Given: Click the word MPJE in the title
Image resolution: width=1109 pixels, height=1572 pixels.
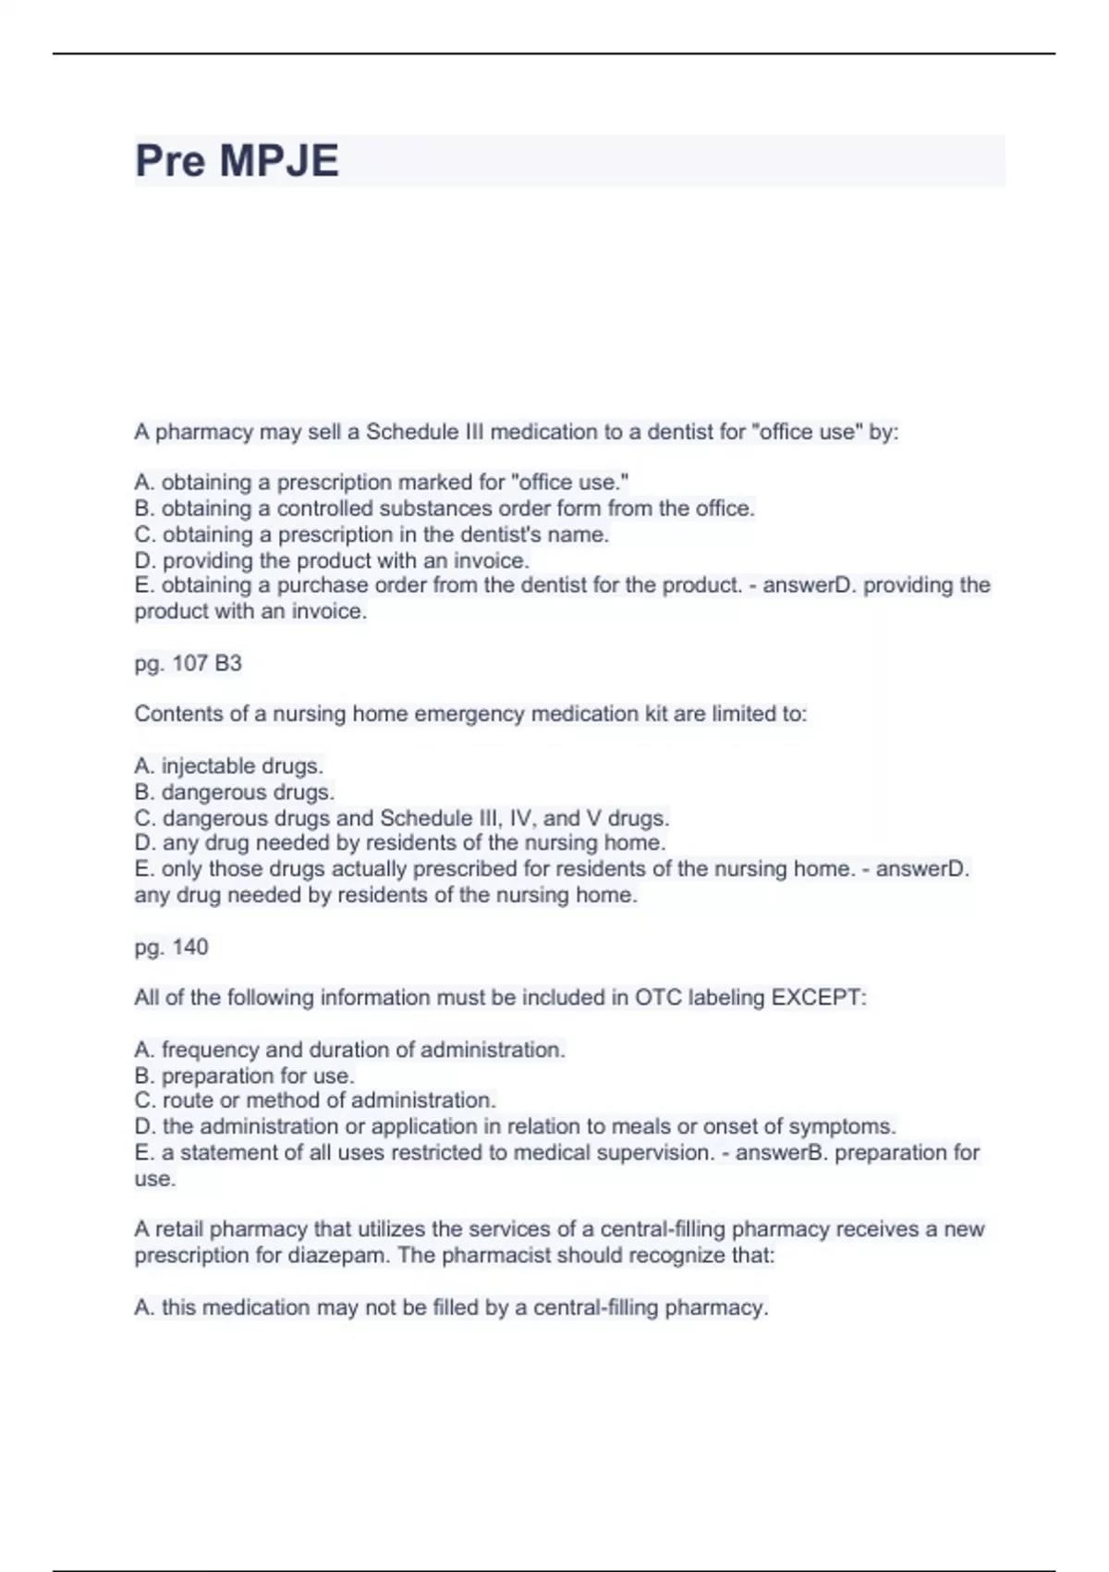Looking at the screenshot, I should point(278,161).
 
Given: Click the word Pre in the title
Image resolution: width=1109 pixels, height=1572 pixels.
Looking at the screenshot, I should point(170,161).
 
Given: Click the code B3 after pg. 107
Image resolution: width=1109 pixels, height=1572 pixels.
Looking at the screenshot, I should point(228,663).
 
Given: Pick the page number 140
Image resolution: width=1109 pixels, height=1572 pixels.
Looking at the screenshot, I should point(190,947).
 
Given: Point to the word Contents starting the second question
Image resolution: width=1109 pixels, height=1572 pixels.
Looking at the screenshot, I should point(173,714).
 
